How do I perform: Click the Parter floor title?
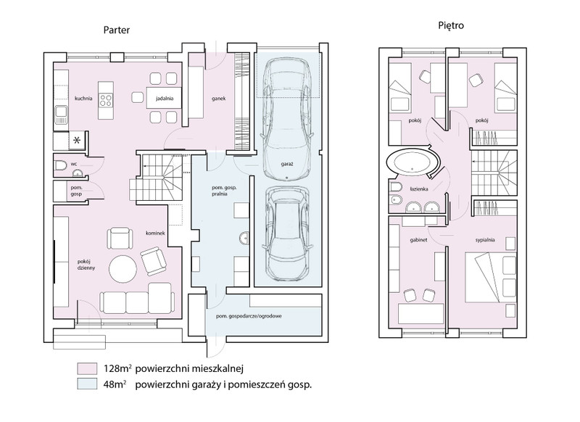pyautogui.click(x=117, y=30)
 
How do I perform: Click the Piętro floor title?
pyautogui.click(x=451, y=26)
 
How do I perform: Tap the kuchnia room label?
pyautogui.click(x=83, y=99)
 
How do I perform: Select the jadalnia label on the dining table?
pyautogui.click(x=165, y=99)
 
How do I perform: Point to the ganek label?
pyautogui.click(x=219, y=99)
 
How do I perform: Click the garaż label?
pyautogui.click(x=286, y=163)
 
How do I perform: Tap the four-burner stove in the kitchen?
pyautogui.click(x=106, y=100)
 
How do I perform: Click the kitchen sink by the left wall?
pyautogui.click(x=62, y=115)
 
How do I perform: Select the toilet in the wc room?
pyautogui.click(x=60, y=165)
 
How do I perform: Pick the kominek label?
pyautogui.click(x=155, y=233)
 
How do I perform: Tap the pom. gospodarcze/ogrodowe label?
pyautogui.click(x=249, y=316)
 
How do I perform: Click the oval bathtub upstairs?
pyautogui.click(x=413, y=163)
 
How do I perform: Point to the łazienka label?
pyautogui.click(x=419, y=189)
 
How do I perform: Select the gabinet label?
pyautogui.click(x=418, y=240)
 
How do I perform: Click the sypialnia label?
pyautogui.click(x=485, y=240)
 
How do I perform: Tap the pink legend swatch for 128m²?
pyautogui.click(x=87, y=368)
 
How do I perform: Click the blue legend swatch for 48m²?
pyautogui.click(x=87, y=384)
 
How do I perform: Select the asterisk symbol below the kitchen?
pyautogui.click(x=78, y=141)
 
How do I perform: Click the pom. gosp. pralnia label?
pyautogui.click(x=224, y=191)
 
